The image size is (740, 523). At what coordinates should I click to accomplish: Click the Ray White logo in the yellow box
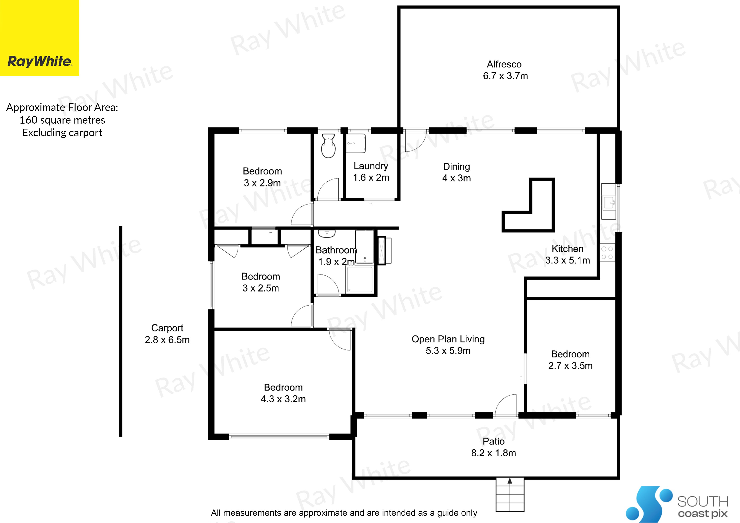40,61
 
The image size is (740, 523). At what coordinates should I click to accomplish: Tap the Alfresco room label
504,65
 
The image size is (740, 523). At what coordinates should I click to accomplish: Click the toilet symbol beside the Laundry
328,146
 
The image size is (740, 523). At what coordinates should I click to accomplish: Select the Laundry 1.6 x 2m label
371,172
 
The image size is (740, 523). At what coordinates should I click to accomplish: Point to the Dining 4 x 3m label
456,172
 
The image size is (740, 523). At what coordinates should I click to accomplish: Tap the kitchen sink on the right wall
609,201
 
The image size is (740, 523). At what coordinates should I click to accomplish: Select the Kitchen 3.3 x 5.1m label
568,255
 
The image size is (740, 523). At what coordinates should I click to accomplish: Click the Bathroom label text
336,250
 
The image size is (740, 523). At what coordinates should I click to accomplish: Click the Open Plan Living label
448,339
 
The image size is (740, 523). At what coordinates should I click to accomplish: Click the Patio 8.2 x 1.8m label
493,447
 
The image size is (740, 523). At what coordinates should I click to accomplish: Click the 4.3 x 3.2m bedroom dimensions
283,399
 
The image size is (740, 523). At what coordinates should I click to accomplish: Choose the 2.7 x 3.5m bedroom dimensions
570,366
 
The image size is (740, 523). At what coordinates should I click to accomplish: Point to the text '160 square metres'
62,120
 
